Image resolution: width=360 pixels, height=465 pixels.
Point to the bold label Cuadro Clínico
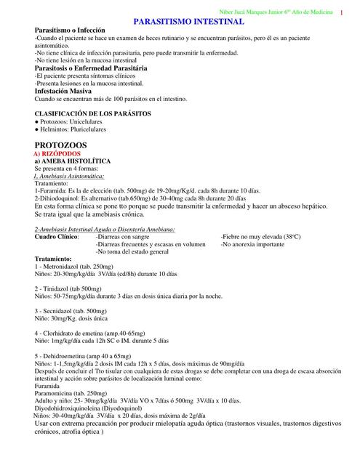point(57,237)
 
